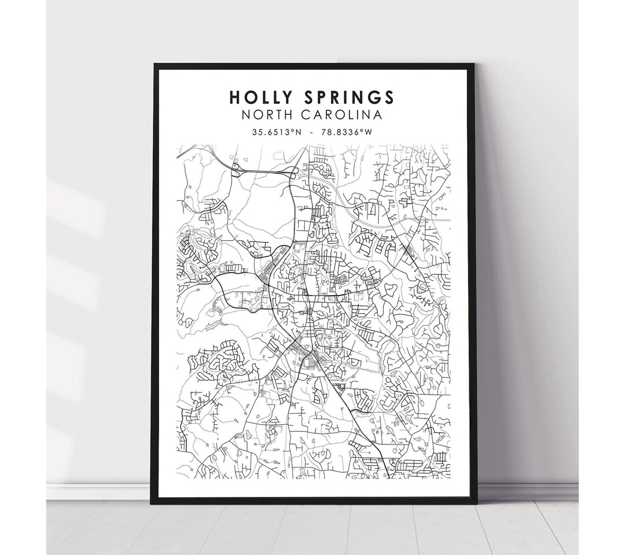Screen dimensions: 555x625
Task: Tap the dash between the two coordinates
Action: (313, 132)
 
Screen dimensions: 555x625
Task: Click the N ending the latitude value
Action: (299, 132)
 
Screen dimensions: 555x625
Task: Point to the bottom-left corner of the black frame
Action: (152, 502)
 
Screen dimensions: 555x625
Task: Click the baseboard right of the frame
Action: (527, 491)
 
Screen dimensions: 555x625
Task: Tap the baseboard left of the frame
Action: (98, 491)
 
